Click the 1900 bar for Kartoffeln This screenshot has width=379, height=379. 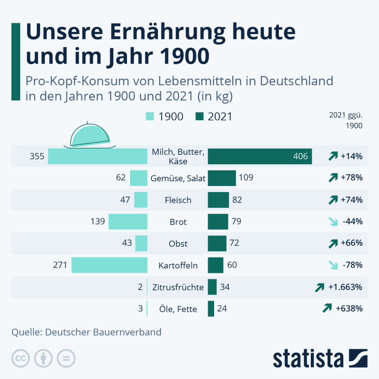coord(109,265)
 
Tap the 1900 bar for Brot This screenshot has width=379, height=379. coord(128,222)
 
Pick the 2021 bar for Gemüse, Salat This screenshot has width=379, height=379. coord(222,178)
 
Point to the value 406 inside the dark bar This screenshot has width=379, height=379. coord(300,156)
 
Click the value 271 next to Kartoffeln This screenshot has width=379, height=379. coord(60,265)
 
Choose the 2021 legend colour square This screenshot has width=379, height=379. coord(200,117)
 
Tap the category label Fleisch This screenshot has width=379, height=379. coord(178,200)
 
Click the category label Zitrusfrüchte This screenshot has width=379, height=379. coord(178,287)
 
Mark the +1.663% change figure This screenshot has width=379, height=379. coord(346,287)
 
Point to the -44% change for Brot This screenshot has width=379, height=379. coord(352,222)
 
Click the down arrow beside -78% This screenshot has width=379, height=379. coord(333,265)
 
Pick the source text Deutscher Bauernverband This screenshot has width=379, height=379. coord(103,332)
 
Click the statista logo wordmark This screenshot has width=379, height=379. coord(308,359)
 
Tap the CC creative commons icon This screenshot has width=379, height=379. coord(21,358)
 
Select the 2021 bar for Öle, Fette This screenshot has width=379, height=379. coord(211,309)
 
